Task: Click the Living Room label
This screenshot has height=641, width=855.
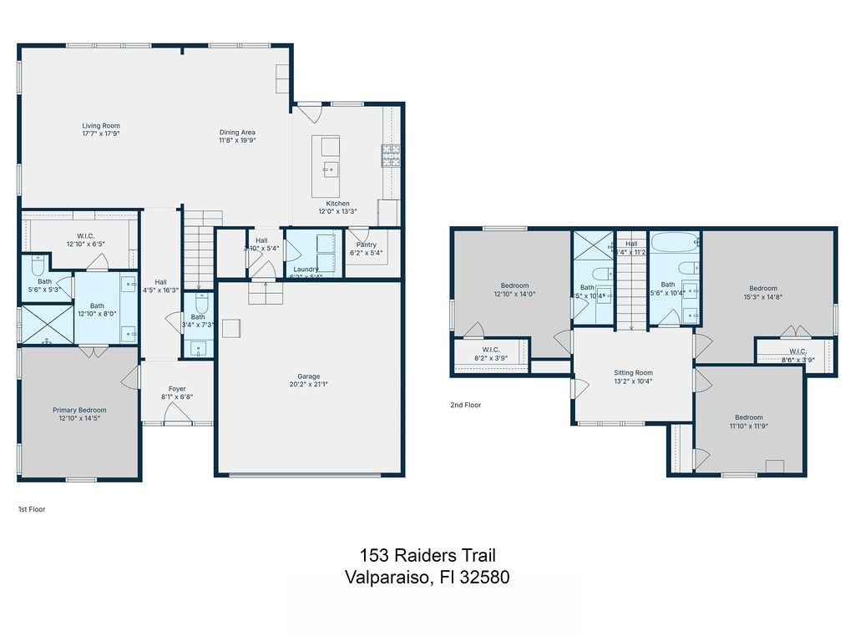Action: [x=101, y=126]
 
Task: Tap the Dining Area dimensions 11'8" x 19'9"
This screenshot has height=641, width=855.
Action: [x=237, y=141]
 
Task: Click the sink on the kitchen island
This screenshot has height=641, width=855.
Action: [x=331, y=170]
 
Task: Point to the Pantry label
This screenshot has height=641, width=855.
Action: [x=367, y=245]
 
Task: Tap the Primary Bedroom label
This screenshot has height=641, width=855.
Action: [x=79, y=410]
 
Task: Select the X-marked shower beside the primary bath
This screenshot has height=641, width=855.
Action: [x=46, y=325]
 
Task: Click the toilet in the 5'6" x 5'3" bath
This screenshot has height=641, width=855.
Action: [x=38, y=265]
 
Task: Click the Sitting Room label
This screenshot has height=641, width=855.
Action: [x=633, y=373]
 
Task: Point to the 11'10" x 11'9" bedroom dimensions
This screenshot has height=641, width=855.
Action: [x=748, y=426]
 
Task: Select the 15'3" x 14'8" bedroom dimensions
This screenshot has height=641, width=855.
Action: [x=762, y=298]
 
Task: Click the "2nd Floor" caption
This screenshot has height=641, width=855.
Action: [x=466, y=405]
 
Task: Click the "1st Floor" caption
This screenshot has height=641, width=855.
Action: [x=32, y=508]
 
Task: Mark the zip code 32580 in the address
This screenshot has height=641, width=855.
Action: [x=482, y=577]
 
